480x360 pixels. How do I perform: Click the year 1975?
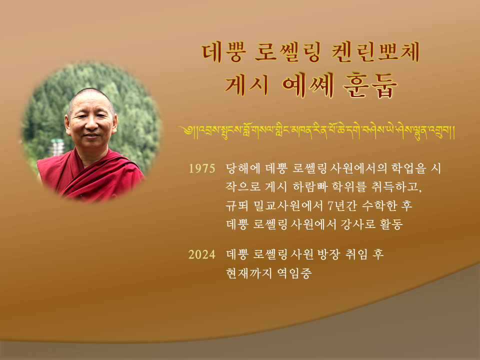[x=201, y=168]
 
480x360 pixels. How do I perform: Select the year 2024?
[x=201, y=254]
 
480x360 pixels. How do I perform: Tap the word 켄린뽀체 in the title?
[x=376, y=52]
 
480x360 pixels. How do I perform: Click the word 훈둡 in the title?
[x=370, y=85]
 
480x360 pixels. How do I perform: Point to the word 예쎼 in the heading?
[x=307, y=85]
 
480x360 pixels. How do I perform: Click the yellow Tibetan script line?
[x=317, y=131]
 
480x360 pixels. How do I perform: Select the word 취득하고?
[x=396, y=186]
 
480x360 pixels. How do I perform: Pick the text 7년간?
[x=342, y=205]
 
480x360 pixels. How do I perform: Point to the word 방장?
[x=328, y=254]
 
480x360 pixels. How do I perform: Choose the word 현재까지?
[x=248, y=273]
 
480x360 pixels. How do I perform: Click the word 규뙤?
[x=237, y=205]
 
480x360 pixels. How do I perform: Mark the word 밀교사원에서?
[x=288, y=205]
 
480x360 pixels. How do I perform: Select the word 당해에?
[x=243, y=168]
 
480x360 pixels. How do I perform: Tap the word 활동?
[x=391, y=224]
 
